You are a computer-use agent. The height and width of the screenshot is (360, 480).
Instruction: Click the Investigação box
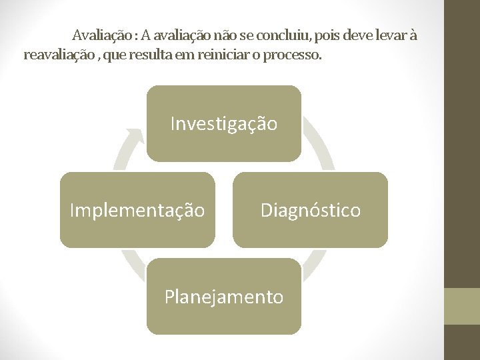point(224,123)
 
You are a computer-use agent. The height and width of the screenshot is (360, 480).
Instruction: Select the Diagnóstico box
point(310,210)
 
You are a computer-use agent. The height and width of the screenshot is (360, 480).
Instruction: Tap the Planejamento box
point(224,296)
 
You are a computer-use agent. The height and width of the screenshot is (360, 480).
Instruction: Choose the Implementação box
point(137,210)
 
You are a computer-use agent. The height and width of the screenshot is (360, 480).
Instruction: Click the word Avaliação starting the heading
point(101,35)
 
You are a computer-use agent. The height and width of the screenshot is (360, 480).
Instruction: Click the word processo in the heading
point(292,55)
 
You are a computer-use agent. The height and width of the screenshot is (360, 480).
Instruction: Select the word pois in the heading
point(324,35)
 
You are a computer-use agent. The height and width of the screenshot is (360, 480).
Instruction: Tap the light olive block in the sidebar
point(462,306)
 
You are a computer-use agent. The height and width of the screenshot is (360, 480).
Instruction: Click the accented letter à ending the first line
point(413,35)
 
